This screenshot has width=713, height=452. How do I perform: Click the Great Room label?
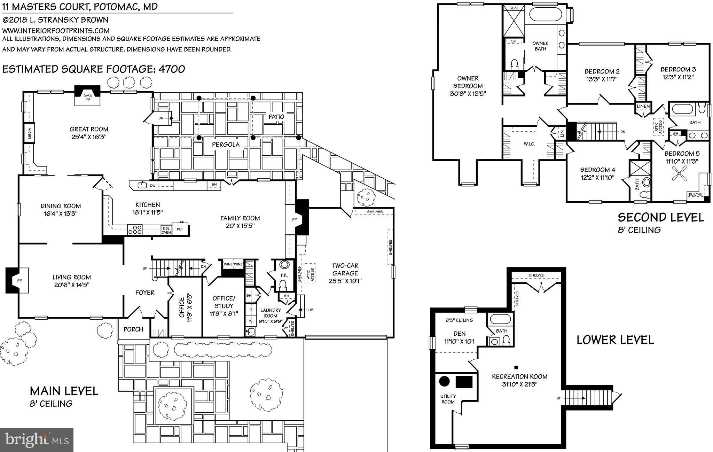[89, 129]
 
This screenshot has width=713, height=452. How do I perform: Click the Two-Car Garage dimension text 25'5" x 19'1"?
[345, 281]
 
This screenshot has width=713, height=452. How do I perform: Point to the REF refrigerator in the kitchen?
[180, 229]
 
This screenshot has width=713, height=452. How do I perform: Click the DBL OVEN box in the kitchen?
[166, 230]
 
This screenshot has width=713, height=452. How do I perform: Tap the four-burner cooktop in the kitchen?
[135, 229]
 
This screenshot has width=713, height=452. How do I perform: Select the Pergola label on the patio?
[226, 145]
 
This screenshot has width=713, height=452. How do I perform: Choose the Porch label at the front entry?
[133, 329]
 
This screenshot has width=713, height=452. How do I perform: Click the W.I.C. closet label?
[529, 144]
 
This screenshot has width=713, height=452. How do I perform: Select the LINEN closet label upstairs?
[643, 106]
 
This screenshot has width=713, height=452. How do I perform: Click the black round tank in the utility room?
[444, 381]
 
